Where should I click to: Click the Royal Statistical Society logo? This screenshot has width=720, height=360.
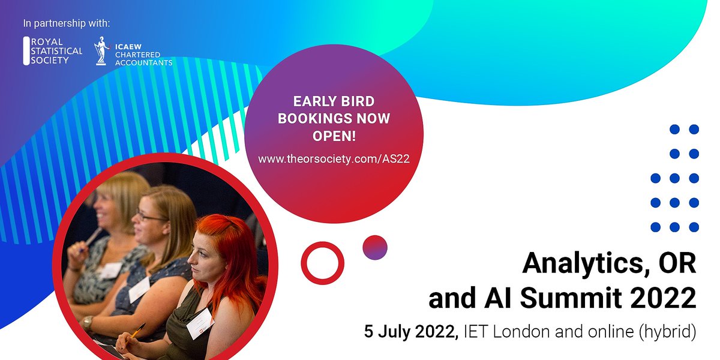point(53,52)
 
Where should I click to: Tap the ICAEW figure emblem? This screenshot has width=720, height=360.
point(102,52)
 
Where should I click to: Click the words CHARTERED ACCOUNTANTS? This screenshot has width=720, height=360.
point(143,59)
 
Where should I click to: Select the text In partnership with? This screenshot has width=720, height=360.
point(67,24)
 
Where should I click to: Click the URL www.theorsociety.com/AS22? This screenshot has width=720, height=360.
point(334,159)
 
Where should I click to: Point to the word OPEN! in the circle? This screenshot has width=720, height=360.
point(334,136)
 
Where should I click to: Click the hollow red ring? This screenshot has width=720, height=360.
point(322,262)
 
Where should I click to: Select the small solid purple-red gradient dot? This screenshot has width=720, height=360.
point(375,247)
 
